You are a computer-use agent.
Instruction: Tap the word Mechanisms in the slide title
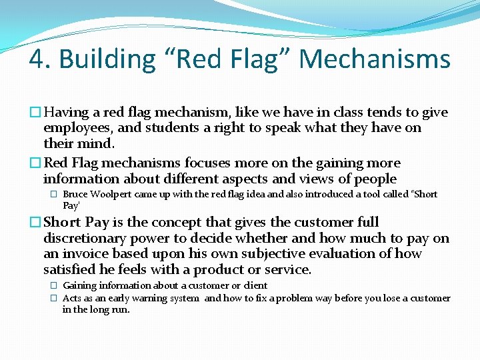375,59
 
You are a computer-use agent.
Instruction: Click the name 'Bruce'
75,194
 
